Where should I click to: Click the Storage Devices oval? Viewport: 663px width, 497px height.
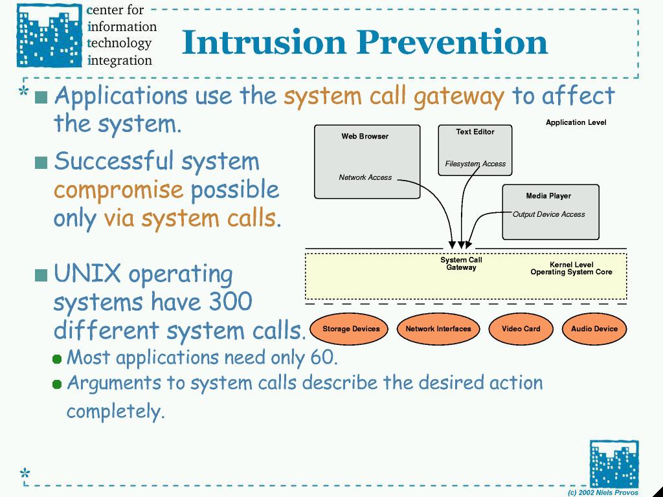[351, 329]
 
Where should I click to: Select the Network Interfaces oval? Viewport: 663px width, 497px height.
[438, 329]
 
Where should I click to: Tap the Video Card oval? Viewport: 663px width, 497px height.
[521, 329]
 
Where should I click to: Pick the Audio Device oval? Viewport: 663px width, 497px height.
[594, 329]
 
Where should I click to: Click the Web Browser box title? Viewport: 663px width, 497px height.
[365, 136]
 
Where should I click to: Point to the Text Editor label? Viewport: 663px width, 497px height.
[475, 131]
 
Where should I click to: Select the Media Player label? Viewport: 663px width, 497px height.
[548, 195]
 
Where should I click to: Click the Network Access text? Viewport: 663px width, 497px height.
[365, 177]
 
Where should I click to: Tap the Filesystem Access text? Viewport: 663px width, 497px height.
[475, 164]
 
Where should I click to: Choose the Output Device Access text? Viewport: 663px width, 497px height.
[549, 214]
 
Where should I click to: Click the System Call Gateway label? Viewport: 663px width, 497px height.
[461, 264]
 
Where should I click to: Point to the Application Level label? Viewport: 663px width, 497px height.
[576, 122]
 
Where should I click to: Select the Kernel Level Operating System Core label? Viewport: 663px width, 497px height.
[571, 269]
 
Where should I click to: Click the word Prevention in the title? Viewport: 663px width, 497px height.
[451, 43]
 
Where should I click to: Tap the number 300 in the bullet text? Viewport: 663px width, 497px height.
[230, 302]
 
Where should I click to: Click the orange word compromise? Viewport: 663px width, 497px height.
[118, 190]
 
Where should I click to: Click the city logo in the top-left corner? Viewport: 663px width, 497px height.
[50, 36]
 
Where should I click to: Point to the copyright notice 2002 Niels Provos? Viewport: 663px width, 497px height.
[603, 492]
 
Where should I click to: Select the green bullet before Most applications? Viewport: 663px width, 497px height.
[57, 359]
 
